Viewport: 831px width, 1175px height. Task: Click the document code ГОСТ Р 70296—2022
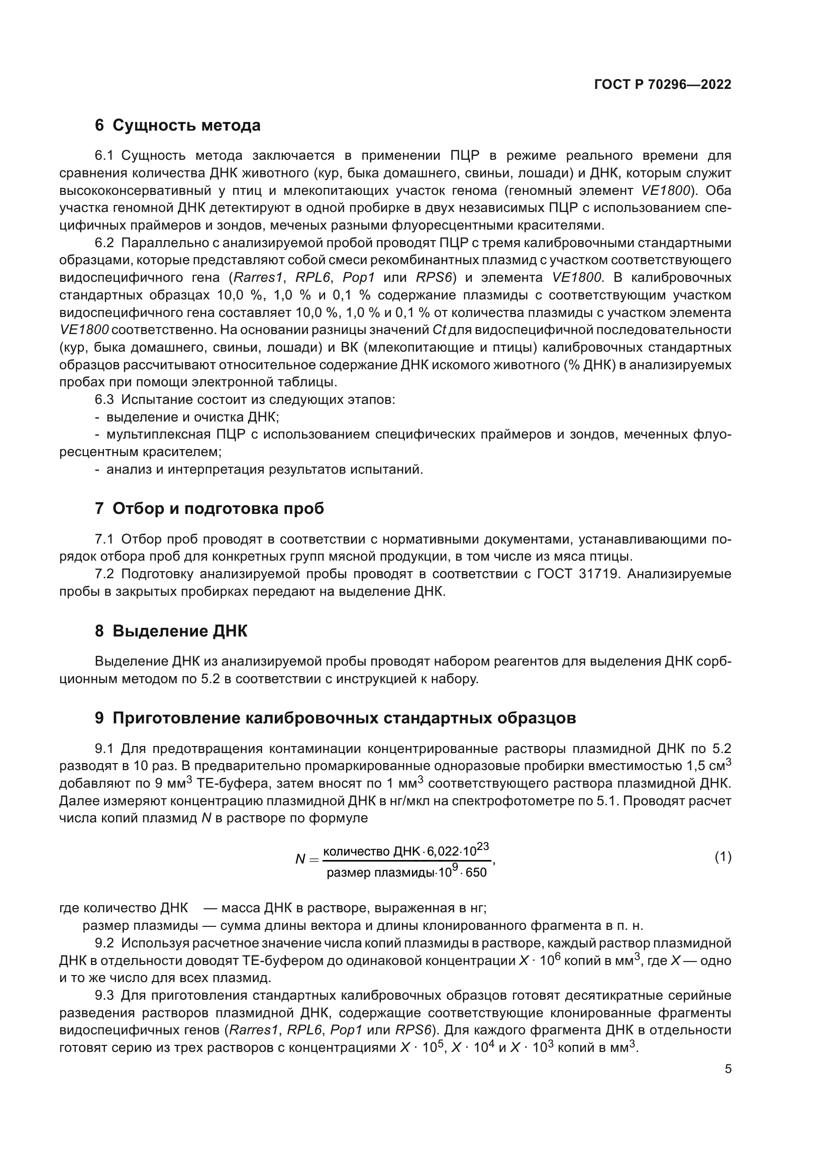663,84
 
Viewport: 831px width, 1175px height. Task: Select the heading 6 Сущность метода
177,126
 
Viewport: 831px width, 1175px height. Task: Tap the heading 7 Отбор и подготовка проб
210,509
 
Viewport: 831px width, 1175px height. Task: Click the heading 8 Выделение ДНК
171,631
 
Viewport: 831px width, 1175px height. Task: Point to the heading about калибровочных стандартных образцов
335,718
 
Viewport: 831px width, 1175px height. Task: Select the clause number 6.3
105,400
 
